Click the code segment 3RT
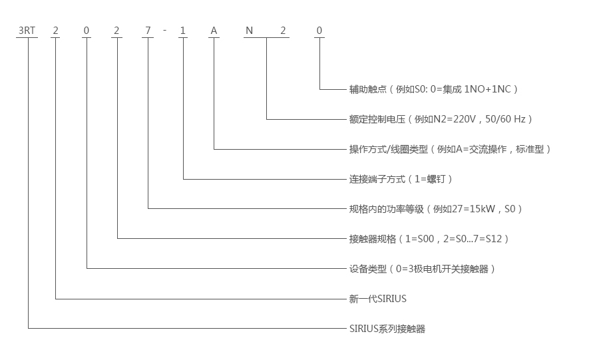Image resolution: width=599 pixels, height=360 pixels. click(x=27, y=30)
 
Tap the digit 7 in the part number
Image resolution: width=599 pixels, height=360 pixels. click(x=149, y=30)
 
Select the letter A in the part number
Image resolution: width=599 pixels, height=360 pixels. click(x=214, y=30)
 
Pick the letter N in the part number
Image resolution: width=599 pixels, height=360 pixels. click(x=249, y=30)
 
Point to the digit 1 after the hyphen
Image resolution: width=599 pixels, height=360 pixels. click(x=183, y=30)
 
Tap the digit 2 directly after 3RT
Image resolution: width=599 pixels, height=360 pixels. click(x=55, y=30)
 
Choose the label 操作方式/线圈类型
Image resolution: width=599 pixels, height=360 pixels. click(x=389, y=149)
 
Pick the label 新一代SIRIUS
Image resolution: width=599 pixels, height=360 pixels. click(x=377, y=299)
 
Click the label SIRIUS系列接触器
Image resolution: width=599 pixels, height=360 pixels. click(x=387, y=329)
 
